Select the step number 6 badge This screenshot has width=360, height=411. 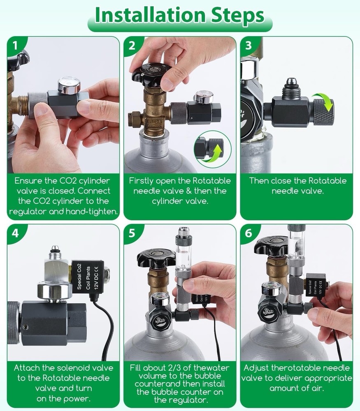[248, 233]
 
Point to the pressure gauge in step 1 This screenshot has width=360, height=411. [69, 85]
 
